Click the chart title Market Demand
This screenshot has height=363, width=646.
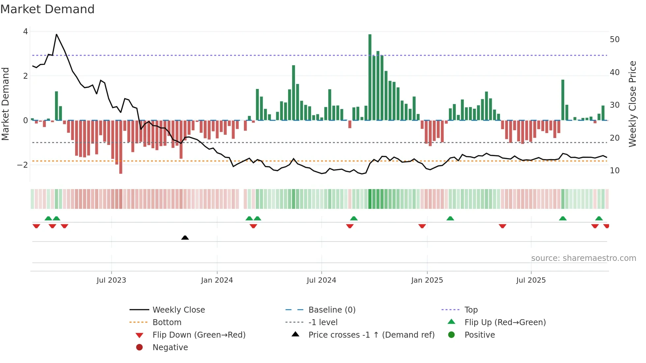[x=47, y=9]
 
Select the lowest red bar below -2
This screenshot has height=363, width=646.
[x=121, y=147]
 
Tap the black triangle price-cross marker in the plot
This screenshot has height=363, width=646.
[x=185, y=237]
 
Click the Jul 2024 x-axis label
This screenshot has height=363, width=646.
[x=321, y=280]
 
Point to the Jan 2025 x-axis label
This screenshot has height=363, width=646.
[x=427, y=280]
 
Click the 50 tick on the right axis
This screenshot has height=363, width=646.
[x=614, y=40]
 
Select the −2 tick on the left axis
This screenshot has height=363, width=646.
[x=22, y=165]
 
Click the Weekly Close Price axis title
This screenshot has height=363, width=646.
[x=632, y=104]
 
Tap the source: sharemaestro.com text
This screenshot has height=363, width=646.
[x=583, y=258]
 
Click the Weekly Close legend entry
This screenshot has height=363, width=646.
[x=178, y=310]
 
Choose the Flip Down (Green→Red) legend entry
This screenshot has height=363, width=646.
[x=199, y=335]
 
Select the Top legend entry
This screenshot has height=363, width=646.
[x=471, y=310]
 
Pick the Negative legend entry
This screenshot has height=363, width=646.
[x=170, y=348]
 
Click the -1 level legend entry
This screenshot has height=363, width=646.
[x=323, y=322]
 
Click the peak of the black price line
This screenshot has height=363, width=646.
[x=56, y=34]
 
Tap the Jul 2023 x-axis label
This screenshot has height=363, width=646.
[x=111, y=280]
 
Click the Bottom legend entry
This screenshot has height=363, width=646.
[x=167, y=322]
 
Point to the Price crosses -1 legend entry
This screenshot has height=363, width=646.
[x=371, y=335]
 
